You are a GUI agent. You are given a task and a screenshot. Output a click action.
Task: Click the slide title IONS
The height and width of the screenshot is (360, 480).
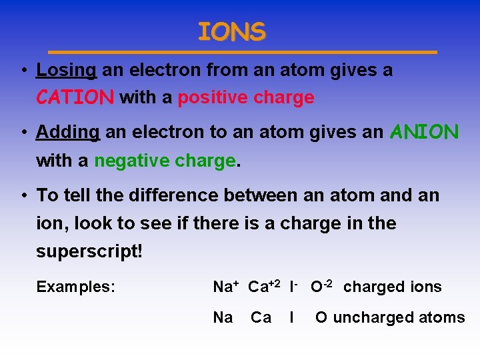click(x=231, y=31)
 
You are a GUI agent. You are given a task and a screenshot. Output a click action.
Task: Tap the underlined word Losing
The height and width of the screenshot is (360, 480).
click(x=67, y=70)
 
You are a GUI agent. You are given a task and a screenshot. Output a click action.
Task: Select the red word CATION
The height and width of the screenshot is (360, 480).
click(x=75, y=98)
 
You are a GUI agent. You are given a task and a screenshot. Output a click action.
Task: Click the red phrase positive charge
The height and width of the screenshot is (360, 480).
click(x=246, y=98)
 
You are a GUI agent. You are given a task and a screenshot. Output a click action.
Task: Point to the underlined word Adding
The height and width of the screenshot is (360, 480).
click(x=67, y=133)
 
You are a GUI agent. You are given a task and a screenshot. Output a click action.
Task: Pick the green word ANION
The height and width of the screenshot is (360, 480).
click(x=424, y=132)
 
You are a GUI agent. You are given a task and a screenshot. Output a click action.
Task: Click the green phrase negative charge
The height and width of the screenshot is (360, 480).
click(x=165, y=161)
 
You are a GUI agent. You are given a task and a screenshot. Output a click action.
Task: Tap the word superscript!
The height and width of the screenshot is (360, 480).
click(x=89, y=253)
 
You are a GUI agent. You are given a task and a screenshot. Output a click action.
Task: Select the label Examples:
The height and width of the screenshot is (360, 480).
click(x=76, y=287)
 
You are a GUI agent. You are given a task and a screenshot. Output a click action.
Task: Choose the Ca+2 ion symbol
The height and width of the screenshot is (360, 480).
click(x=265, y=287)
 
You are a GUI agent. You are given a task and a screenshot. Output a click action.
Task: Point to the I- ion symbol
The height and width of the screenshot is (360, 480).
click(x=293, y=287)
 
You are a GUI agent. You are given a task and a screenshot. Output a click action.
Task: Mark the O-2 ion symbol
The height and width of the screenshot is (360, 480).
click(x=323, y=287)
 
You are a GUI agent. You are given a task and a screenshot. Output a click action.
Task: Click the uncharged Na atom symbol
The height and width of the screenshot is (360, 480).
click(x=223, y=317)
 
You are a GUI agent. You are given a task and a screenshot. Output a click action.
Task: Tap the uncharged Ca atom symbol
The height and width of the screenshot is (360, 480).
click(x=261, y=317)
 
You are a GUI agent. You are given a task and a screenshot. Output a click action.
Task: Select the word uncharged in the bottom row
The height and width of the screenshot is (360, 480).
click(x=365, y=317)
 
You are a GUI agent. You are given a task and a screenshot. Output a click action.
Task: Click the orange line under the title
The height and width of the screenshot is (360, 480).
click(x=243, y=52)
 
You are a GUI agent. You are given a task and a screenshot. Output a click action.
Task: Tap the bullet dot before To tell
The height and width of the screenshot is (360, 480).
click(x=23, y=196)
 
